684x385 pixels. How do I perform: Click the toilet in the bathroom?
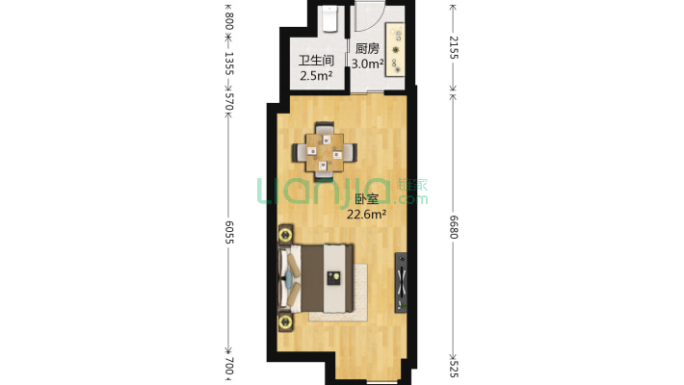pyautogui.click(x=330, y=19)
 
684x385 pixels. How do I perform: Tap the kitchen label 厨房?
pyautogui.click(x=367, y=48)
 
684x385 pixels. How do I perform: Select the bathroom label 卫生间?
pyautogui.click(x=316, y=61)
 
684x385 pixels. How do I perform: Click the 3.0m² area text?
pyautogui.click(x=368, y=64)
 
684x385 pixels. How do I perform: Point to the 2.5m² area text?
pyautogui.click(x=316, y=76)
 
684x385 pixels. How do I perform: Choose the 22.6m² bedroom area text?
pyautogui.click(x=366, y=214)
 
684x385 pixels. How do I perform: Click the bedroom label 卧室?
pyautogui.click(x=366, y=199)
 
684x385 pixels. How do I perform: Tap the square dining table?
pyautogui.click(x=324, y=152)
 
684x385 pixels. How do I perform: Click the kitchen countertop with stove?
pyautogui.click(x=395, y=50)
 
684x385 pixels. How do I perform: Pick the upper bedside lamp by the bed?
pyautogui.click(x=285, y=235)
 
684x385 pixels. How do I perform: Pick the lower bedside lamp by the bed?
pyautogui.click(x=285, y=322)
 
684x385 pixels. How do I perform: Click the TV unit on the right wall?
pyautogui.click(x=401, y=283)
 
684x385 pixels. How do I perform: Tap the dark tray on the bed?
pyautogui.click(x=333, y=277)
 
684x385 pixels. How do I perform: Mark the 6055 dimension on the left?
pyautogui.click(x=229, y=232)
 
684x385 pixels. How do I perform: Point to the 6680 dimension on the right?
pyautogui.click(x=454, y=227)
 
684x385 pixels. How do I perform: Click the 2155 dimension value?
pyautogui.click(x=454, y=47)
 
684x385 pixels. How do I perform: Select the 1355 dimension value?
pyautogui.click(x=229, y=64)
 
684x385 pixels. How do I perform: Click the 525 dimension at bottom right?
pyautogui.click(x=454, y=369)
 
